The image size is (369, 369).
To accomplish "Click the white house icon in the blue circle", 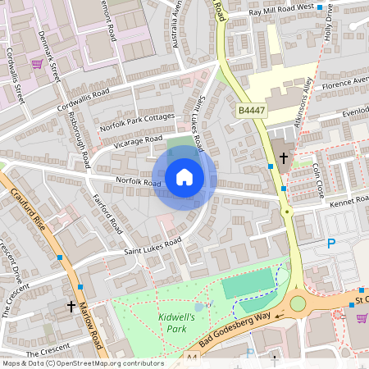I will (184, 177).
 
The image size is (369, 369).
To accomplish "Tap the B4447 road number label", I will (253, 110).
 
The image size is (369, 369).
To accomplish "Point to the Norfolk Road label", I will (138, 182).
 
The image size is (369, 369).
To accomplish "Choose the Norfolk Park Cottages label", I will (137, 121).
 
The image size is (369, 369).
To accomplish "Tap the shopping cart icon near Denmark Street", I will (36, 63).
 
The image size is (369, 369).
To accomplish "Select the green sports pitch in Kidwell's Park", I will (247, 284).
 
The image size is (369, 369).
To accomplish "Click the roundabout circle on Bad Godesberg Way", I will (298, 304).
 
